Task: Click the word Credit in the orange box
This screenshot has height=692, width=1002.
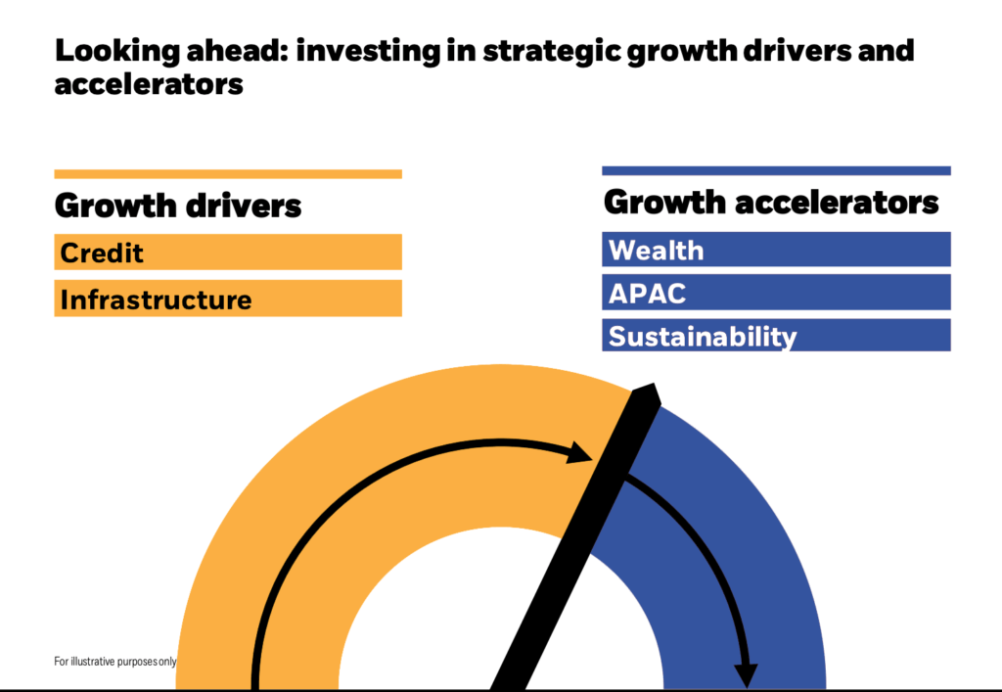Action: coord(102,254)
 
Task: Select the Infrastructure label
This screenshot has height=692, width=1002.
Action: coord(156,300)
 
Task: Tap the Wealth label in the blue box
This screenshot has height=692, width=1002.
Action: coord(657,251)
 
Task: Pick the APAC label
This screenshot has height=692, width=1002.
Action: coord(648,294)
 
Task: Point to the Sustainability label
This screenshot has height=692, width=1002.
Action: coord(703,337)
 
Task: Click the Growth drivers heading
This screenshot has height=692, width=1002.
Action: coord(178,206)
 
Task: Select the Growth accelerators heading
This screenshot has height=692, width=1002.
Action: coord(771,203)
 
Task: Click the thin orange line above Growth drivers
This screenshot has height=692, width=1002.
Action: coord(228,174)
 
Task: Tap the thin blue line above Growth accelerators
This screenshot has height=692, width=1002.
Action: coord(776,170)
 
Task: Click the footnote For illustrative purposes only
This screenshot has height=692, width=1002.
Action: coord(115,662)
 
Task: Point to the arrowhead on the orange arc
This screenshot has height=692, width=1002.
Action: coord(580,452)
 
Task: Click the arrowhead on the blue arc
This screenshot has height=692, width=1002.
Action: coord(746,675)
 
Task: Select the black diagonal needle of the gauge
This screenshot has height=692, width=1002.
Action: coord(575,536)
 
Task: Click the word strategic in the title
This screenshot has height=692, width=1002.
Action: coord(552,52)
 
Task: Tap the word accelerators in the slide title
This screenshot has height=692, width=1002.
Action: coord(149,84)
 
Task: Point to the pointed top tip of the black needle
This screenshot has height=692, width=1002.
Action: coord(653,384)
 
